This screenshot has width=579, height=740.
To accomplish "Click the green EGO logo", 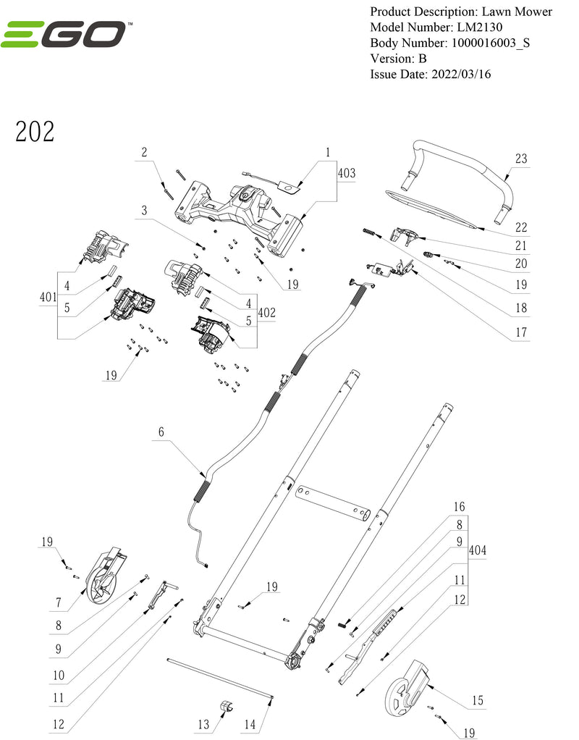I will [x=66, y=34].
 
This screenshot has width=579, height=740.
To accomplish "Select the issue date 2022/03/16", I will [x=460, y=74].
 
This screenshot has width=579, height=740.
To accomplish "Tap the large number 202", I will [x=35, y=132].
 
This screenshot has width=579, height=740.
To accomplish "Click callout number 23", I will [x=520, y=159].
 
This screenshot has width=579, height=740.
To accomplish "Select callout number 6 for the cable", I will [x=161, y=432].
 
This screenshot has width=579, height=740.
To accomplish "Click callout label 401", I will [x=48, y=297].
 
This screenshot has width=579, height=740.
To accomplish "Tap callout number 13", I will [x=203, y=725].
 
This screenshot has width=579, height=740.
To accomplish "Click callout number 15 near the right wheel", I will [x=478, y=701].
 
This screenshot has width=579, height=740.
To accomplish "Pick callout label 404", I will [x=478, y=550].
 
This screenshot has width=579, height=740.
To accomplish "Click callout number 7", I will [x=59, y=602].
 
